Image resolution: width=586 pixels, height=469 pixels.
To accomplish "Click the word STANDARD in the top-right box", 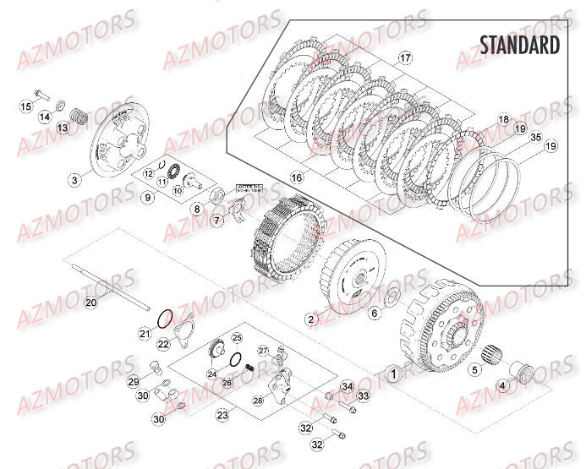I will pyautogui.click(x=519, y=45).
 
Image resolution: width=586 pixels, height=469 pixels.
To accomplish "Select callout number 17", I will pyautogui.click(x=405, y=57).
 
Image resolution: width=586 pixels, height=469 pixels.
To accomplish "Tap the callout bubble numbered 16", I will pyautogui.click(x=296, y=178).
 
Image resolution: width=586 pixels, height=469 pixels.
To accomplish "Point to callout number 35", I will pyautogui.click(x=534, y=136).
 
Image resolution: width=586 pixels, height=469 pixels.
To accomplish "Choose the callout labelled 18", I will pyautogui.click(x=503, y=119).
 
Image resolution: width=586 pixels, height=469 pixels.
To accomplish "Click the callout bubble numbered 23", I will pyautogui.click(x=222, y=415).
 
